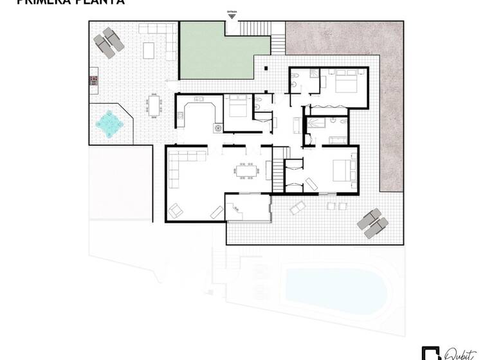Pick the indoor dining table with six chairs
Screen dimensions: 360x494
(x=245, y=170)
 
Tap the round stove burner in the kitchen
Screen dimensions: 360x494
(x=217, y=127)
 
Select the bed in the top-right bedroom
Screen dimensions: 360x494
(x=345, y=82)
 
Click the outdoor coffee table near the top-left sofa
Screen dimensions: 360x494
(x=149, y=50)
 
